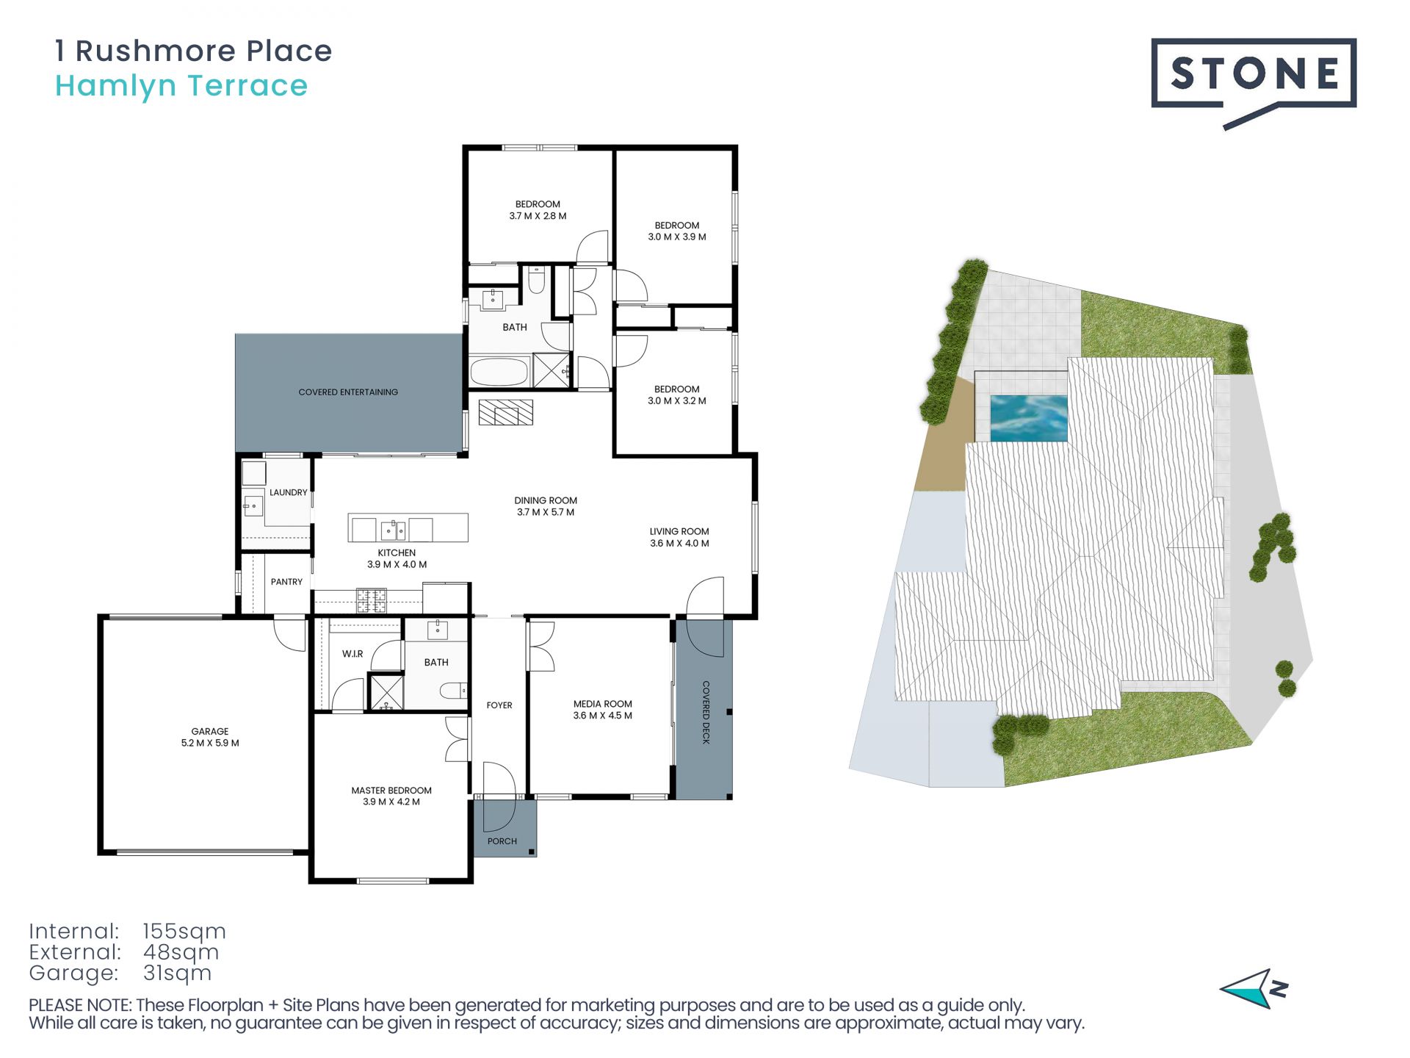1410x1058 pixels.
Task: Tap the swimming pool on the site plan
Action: tap(1028, 418)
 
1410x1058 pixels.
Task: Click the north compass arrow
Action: tap(1254, 989)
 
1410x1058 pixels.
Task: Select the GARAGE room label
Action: tap(210, 731)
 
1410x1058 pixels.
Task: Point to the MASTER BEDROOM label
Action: tap(391, 791)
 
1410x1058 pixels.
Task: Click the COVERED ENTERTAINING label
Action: tap(348, 392)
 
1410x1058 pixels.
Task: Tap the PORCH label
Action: tap(502, 841)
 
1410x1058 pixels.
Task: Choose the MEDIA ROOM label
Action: tap(603, 704)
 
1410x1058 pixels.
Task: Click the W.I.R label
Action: tap(352, 654)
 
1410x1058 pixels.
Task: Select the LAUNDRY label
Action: tap(289, 492)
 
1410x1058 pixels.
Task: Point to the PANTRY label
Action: tap(286, 582)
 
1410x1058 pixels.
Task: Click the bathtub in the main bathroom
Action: tap(499, 372)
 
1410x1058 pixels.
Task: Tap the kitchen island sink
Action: tap(392, 529)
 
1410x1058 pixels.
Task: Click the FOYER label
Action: tap(499, 705)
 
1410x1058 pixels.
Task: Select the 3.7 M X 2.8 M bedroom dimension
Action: tap(538, 216)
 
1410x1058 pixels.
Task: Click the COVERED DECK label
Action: tap(706, 712)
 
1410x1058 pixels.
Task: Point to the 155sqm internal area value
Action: tap(184, 932)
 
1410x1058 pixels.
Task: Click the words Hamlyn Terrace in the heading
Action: tap(181, 87)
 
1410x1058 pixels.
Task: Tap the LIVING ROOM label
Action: tap(679, 531)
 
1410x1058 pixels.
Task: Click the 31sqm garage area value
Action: tap(177, 974)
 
